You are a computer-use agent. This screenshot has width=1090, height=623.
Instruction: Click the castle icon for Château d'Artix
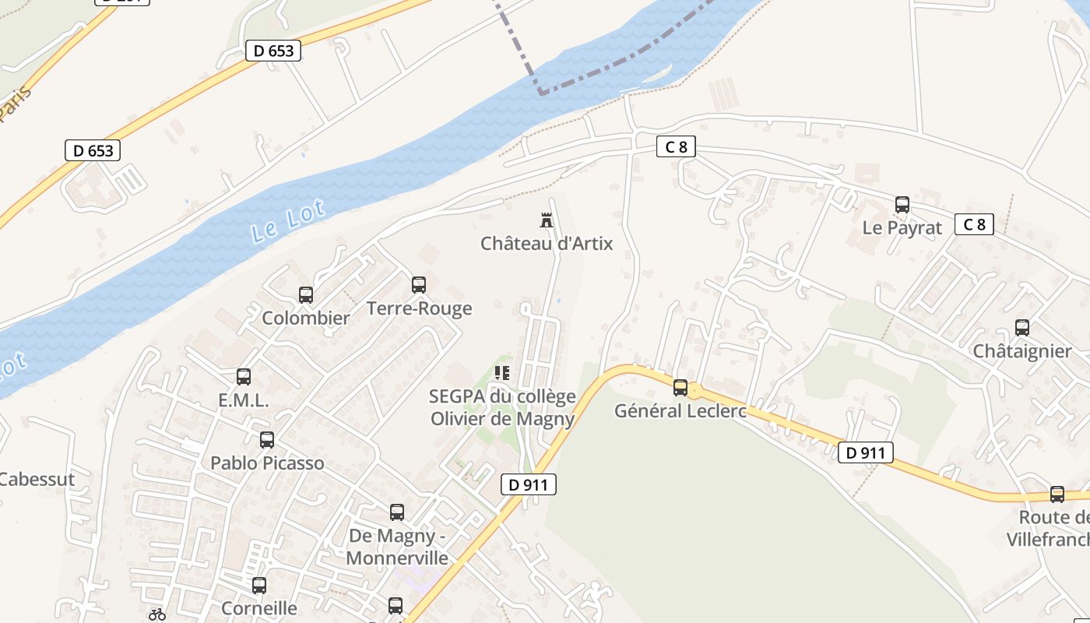click(x=547, y=220)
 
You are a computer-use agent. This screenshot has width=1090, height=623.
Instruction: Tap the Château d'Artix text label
click(x=547, y=244)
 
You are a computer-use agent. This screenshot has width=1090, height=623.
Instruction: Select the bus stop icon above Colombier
click(x=306, y=295)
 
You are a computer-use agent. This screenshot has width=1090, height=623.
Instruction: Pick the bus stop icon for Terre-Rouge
click(x=419, y=285)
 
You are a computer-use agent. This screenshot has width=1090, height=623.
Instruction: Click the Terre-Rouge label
click(x=419, y=308)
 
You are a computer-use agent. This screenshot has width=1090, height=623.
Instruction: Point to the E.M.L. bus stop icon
click(x=244, y=377)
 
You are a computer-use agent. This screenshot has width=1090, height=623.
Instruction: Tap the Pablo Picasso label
click(x=267, y=463)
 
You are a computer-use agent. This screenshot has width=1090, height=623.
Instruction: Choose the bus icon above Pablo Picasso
click(x=267, y=440)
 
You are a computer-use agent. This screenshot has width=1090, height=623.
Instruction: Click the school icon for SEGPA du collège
click(x=502, y=373)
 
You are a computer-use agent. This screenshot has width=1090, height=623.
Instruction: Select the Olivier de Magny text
click(x=502, y=419)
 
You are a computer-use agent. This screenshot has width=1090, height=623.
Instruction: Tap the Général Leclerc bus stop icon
click(x=680, y=387)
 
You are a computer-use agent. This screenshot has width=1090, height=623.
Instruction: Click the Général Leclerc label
click(x=680, y=410)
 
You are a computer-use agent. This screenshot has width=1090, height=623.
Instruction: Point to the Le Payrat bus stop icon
click(x=902, y=205)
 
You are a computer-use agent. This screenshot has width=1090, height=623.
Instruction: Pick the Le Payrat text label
click(x=902, y=228)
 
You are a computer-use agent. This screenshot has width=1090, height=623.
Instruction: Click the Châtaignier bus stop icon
click(x=1022, y=328)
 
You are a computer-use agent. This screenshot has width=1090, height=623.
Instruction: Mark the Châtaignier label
click(x=1022, y=351)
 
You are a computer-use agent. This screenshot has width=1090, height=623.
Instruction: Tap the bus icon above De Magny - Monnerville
click(x=397, y=512)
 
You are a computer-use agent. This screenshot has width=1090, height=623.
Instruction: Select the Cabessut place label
click(x=36, y=479)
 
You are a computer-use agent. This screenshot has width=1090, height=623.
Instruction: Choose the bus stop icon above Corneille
click(x=259, y=585)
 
